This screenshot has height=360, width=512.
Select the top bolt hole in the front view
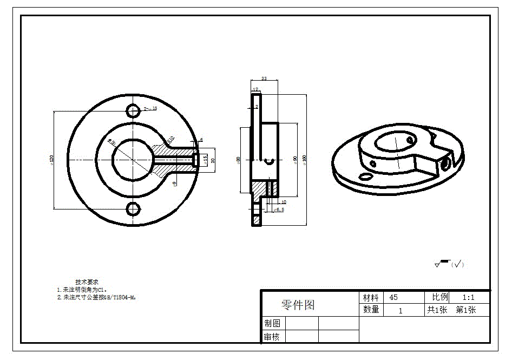pos(133,110)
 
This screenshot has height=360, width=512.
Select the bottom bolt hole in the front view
pos(133,208)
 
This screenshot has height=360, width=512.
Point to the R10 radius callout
pos(170,140)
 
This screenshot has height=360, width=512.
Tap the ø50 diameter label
pos(112,142)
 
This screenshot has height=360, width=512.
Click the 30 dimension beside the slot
pos(213,160)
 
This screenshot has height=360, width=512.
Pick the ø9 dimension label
pos(174,184)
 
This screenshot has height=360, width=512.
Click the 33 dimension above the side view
pos(264,79)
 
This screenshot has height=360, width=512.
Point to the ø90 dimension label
pos(295,160)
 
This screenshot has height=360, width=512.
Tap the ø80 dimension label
pos(239,160)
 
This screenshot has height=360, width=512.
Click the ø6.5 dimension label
pos(279,210)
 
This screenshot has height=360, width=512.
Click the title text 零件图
pos(298,305)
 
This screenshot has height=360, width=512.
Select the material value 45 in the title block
pos(393,298)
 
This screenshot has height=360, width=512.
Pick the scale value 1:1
pos(468,298)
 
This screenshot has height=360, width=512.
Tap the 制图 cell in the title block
pos(272,323)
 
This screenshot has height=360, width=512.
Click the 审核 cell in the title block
pos(272,337)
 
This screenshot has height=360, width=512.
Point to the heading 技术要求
pos(87,282)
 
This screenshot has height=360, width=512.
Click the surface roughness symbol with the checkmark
pos(449,264)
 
